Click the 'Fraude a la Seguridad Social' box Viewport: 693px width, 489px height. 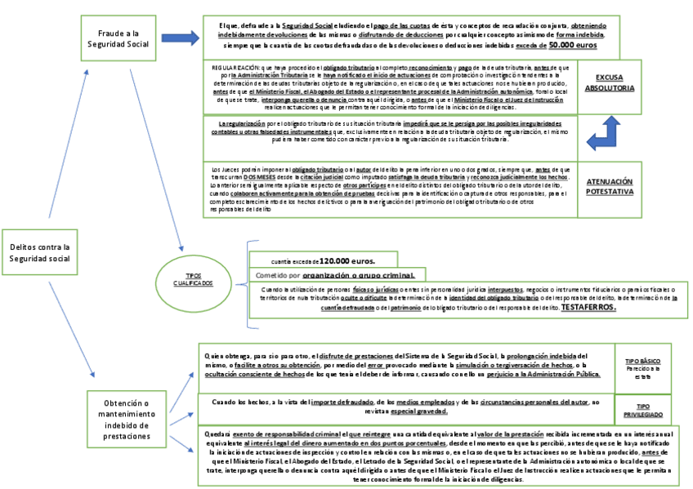pyautogui.click(x=123, y=38)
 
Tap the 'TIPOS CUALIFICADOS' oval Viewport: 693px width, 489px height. pyautogui.click(x=194, y=278)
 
